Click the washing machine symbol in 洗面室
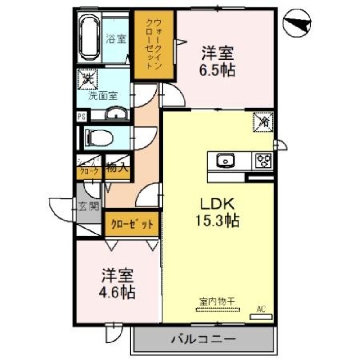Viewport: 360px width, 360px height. [x=86, y=79]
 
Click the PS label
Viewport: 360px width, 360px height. [x=81, y=116]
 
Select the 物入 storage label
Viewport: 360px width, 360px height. [x=117, y=169]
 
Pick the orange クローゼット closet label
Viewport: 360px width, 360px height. [x=132, y=224]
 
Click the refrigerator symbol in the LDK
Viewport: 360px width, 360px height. [x=262, y=121]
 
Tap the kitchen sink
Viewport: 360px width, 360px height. [x=224, y=160]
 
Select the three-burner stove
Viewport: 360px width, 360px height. [x=263, y=160]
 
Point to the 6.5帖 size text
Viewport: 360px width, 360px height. [x=218, y=70]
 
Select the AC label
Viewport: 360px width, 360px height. [x=261, y=309]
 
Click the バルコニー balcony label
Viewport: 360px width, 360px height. [x=202, y=338]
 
